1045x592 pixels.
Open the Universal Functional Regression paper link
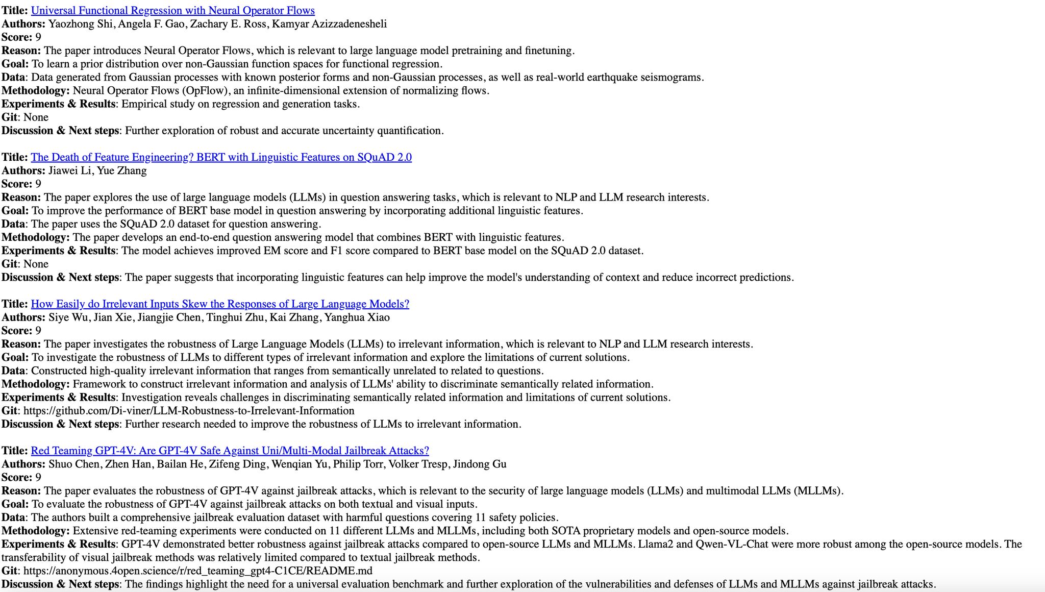(173, 11)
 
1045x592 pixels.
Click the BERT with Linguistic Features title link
(221, 157)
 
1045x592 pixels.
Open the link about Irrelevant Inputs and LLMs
(220, 304)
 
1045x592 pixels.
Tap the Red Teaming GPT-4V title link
(230, 451)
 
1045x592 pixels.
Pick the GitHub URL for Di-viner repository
(189, 411)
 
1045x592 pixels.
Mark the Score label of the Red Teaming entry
(17, 478)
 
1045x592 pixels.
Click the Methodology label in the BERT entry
(36, 237)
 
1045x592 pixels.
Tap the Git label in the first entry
(9, 117)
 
